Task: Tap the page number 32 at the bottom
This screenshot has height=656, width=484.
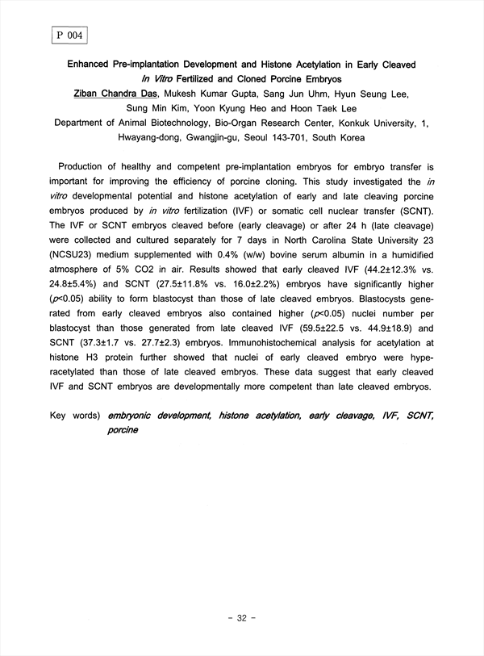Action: click(x=242, y=618)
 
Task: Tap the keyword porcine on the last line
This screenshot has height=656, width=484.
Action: click(x=122, y=430)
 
